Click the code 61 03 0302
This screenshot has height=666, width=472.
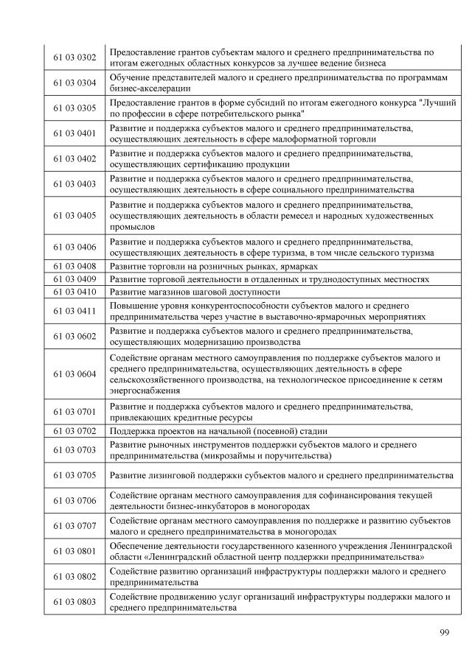click(x=75, y=57)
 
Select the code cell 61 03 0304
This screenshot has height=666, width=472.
click(x=75, y=83)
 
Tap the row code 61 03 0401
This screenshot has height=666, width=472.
click(x=75, y=133)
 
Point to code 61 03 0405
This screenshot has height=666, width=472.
click(x=75, y=216)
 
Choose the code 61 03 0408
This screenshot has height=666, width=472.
click(x=75, y=266)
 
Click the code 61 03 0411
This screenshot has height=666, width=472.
click(x=75, y=310)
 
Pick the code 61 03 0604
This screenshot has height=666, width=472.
click(x=75, y=374)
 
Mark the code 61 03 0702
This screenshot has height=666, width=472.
click(x=75, y=430)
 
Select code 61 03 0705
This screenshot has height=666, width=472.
click(x=75, y=475)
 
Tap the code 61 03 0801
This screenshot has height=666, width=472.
click(x=75, y=551)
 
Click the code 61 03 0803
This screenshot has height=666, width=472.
click(x=75, y=602)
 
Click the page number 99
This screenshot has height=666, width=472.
click(x=444, y=633)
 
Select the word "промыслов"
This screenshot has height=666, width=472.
click(x=132, y=228)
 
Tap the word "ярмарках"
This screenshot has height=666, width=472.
click(x=299, y=266)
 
